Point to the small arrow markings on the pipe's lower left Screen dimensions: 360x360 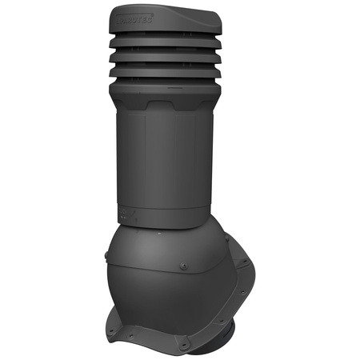tap(127, 214)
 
